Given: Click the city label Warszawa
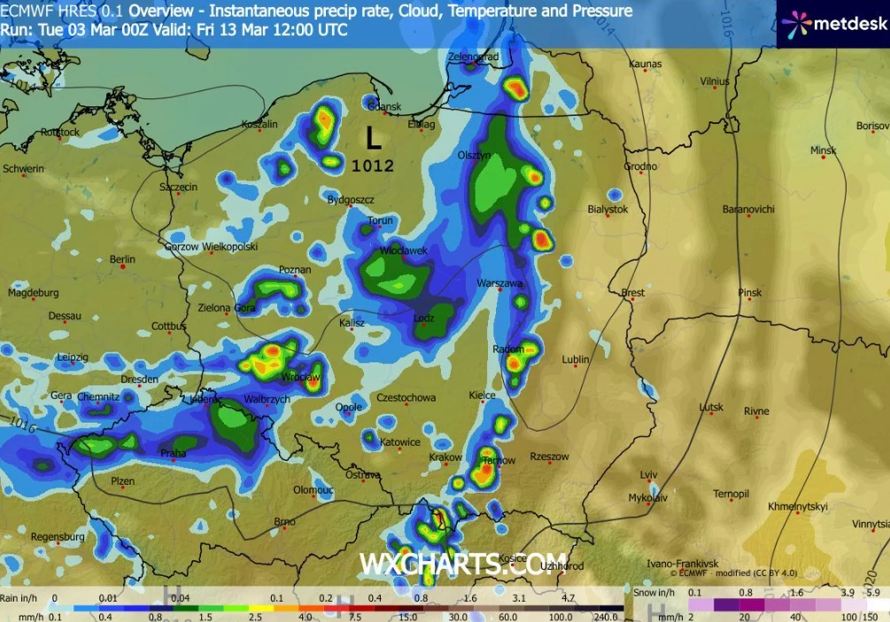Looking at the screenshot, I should click(x=500, y=284).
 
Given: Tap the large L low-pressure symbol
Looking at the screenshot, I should click(x=374, y=138).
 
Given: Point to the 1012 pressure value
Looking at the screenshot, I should click(x=373, y=165).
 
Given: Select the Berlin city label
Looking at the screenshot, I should click(x=122, y=260).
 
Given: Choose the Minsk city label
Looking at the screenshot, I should click(x=823, y=151).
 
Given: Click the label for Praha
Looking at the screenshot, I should click(x=174, y=454).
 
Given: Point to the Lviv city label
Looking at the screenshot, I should click(x=649, y=476).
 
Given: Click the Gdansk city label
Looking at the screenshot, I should click(x=384, y=107).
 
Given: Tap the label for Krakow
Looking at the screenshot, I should click(x=445, y=458).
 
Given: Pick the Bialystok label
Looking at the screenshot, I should click(x=608, y=210).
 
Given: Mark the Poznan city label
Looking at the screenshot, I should click(x=295, y=269).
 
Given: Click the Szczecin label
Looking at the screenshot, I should click(x=178, y=188).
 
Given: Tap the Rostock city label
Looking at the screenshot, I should click(x=60, y=133).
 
